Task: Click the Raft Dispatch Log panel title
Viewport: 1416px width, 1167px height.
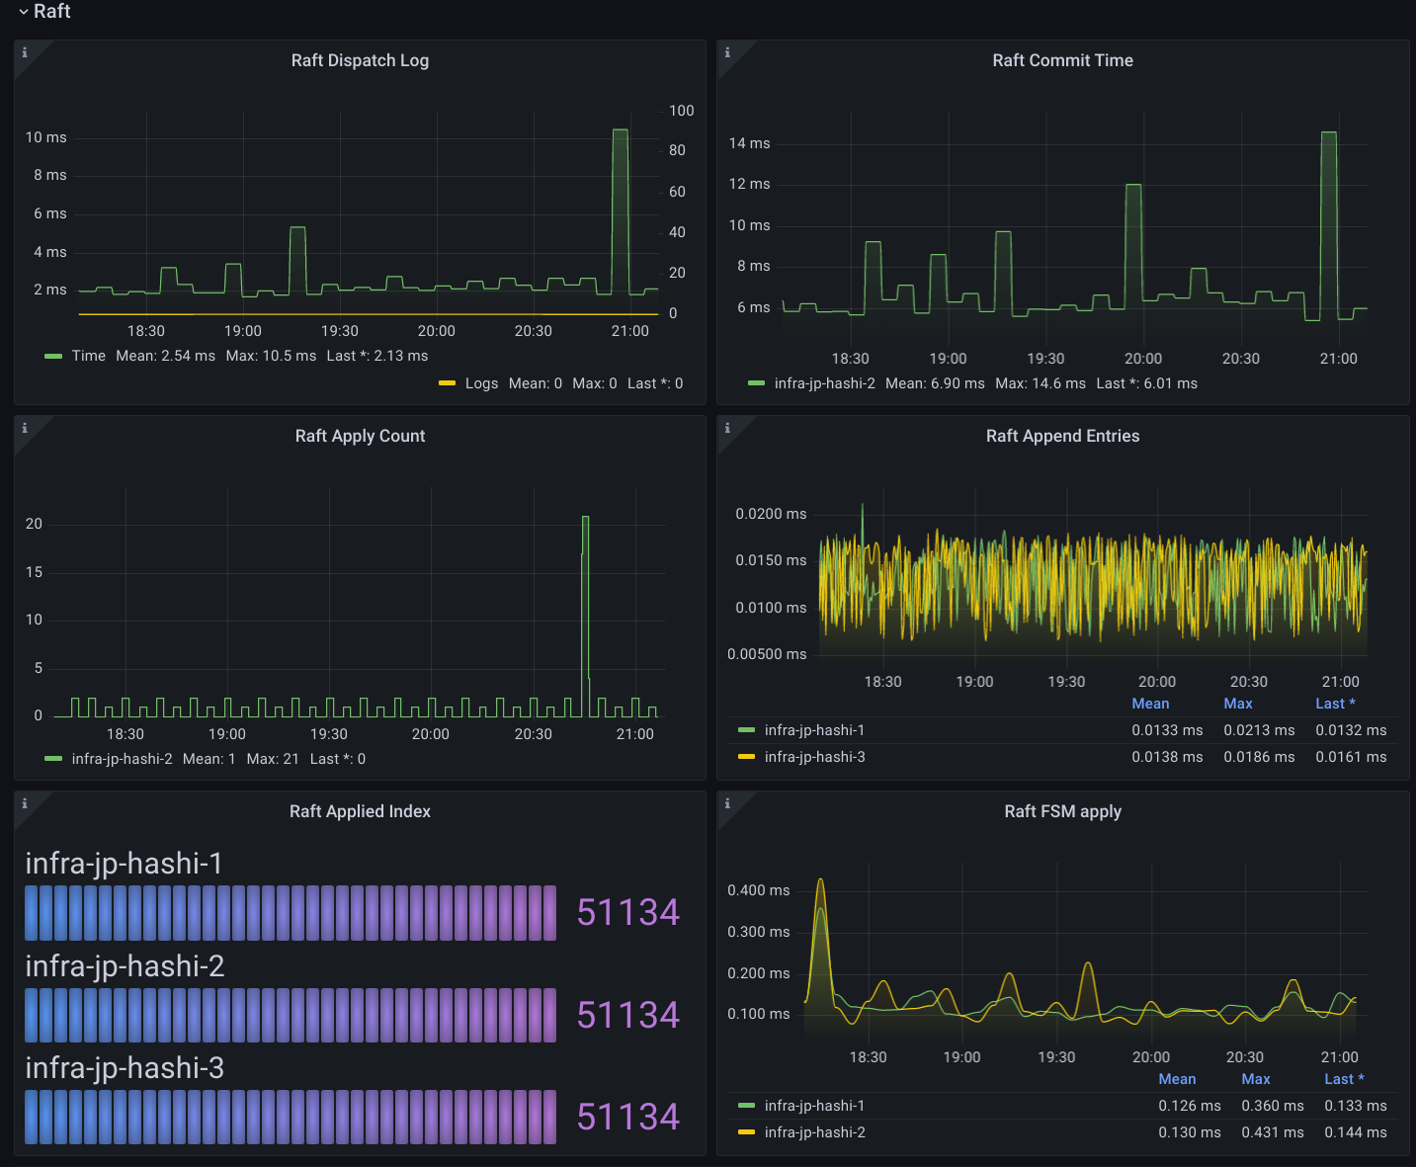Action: tap(360, 60)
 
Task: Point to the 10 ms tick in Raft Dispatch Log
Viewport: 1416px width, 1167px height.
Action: tap(46, 137)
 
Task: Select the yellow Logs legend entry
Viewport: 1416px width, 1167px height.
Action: tap(481, 383)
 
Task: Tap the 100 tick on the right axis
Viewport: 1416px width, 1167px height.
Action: tap(681, 111)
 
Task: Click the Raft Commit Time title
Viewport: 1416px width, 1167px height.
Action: tap(1062, 60)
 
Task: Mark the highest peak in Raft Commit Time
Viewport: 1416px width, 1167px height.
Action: tap(1328, 133)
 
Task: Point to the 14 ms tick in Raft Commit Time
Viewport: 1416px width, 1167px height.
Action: tap(749, 143)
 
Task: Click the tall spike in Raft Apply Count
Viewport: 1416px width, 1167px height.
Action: tap(585, 519)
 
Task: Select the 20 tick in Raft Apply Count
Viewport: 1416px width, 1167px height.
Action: tap(35, 524)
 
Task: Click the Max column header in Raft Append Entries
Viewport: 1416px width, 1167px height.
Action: tap(1237, 704)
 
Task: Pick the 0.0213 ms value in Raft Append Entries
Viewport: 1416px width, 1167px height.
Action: tap(1259, 730)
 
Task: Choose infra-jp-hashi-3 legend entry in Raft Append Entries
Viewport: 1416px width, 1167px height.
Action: tap(814, 757)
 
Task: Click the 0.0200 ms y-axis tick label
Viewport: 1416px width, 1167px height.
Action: tap(771, 514)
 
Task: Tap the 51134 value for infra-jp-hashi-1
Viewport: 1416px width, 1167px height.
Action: tap(627, 912)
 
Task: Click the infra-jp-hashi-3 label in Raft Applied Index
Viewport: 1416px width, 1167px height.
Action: tap(125, 1068)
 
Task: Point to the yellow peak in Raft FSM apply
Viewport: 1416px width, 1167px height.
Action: tap(820, 880)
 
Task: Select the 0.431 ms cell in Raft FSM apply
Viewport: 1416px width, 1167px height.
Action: tap(1272, 1132)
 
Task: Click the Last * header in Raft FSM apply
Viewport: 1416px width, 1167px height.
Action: tap(1343, 1079)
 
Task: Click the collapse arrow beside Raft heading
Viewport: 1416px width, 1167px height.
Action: tap(23, 12)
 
